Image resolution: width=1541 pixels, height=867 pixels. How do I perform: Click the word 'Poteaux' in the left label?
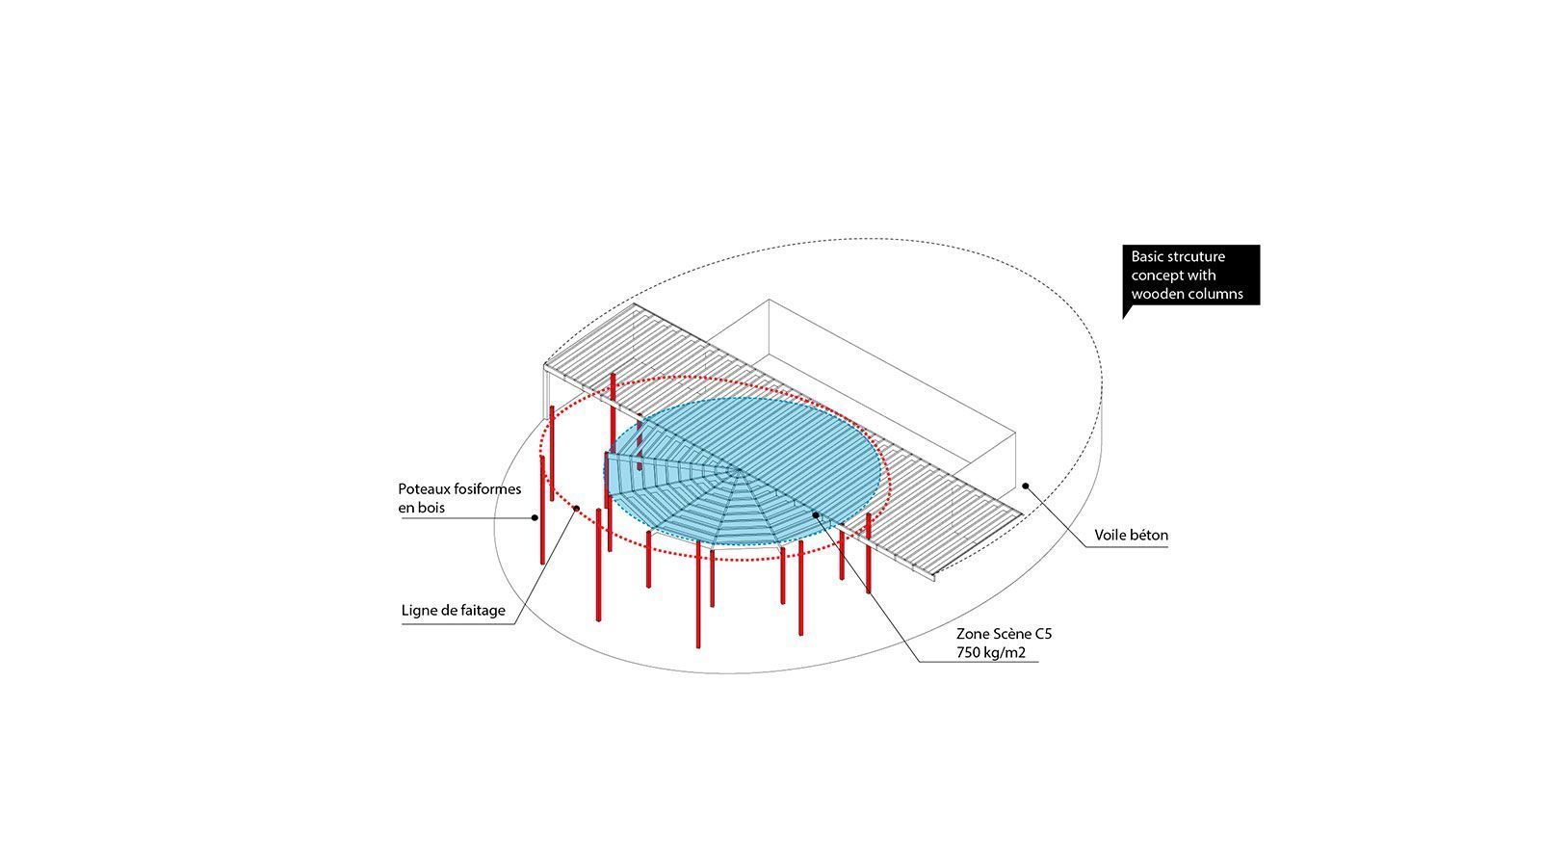(x=424, y=489)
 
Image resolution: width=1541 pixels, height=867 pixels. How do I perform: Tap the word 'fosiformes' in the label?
(x=487, y=489)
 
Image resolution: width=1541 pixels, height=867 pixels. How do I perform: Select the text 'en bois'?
(x=422, y=508)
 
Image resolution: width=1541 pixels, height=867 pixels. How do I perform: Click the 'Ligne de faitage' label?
(x=454, y=611)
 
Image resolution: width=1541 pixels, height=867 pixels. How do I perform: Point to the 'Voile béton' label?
(x=1131, y=535)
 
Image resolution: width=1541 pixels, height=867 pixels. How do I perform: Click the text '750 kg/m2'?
(x=991, y=652)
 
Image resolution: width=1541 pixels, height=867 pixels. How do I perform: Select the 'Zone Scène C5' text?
(x=1004, y=634)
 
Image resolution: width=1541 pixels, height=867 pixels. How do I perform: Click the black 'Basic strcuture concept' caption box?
(x=1190, y=275)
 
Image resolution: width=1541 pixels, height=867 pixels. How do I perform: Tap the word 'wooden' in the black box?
(x=1156, y=294)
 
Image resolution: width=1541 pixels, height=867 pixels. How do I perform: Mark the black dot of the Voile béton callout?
(x=1025, y=486)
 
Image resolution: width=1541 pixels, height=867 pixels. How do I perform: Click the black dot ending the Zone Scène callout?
(x=816, y=514)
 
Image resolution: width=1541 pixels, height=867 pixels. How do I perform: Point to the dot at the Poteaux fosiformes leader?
(x=535, y=517)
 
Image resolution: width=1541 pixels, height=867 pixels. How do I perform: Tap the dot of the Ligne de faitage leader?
(x=577, y=509)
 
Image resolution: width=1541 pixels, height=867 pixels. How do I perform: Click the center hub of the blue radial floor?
(x=740, y=471)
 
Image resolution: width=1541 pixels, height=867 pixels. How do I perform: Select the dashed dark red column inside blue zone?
(x=640, y=444)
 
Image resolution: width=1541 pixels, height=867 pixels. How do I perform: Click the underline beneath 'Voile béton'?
(x=1126, y=547)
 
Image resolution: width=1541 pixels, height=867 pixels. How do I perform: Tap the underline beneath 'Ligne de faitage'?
(x=458, y=623)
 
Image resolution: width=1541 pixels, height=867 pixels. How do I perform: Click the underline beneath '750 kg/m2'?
(x=979, y=663)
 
